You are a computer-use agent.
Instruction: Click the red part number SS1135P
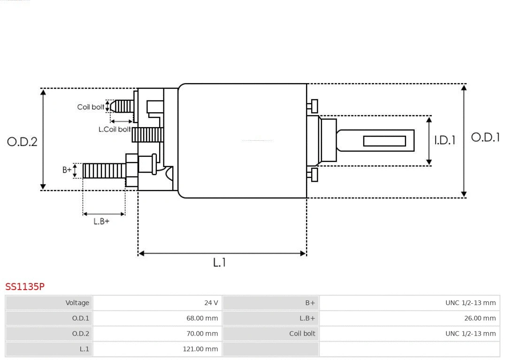pyautogui.click(x=25, y=286)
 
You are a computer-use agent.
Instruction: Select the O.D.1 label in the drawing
pyautogui.click(x=485, y=138)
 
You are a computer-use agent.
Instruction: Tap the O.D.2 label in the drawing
pyautogui.click(x=22, y=142)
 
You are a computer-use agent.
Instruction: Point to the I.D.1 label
pyautogui.click(x=445, y=140)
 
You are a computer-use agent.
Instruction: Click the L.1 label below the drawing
pyautogui.click(x=219, y=263)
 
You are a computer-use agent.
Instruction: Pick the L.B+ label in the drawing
pyautogui.click(x=101, y=221)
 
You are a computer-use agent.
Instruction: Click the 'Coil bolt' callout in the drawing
pyautogui.click(x=91, y=107)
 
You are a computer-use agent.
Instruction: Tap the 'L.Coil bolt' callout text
pyautogui.click(x=115, y=129)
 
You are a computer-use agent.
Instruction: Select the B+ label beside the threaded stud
pyautogui.click(x=67, y=170)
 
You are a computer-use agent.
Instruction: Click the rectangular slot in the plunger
pyautogui.click(x=384, y=141)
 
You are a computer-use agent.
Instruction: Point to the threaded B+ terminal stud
pyautogui.click(x=104, y=171)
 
